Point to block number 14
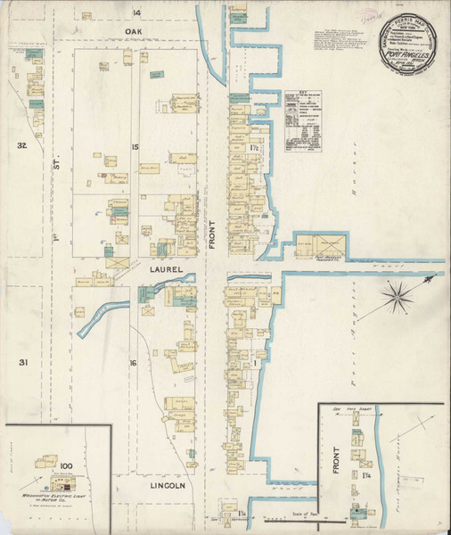point(137,12)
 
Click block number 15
point(135,146)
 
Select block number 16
point(133,363)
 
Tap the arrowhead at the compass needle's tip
point(432,280)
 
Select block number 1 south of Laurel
point(255,363)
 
